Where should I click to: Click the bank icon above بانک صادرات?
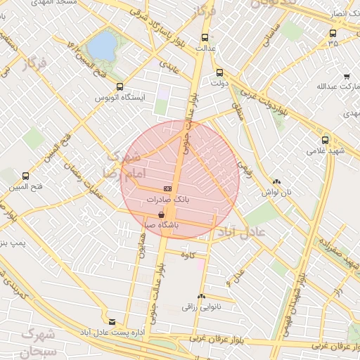(x=167, y=188)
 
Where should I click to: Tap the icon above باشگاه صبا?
(x=162, y=214)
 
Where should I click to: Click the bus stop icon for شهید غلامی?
(x=325, y=140)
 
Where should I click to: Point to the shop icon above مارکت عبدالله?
(x=347, y=77)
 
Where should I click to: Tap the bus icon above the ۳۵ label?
(x=333, y=32)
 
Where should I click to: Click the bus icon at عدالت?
(x=205, y=38)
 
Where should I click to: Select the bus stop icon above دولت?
(x=219, y=72)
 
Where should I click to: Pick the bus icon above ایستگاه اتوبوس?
(x=119, y=87)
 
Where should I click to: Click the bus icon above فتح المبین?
(x=26, y=176)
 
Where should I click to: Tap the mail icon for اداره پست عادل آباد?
(x=111, y=321)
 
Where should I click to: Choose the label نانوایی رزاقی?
(x=202, y=307)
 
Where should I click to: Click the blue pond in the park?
(x=104, y=46)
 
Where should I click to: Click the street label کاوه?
(x=186, y=254)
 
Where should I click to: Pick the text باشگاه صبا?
(x=161, y=226)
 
